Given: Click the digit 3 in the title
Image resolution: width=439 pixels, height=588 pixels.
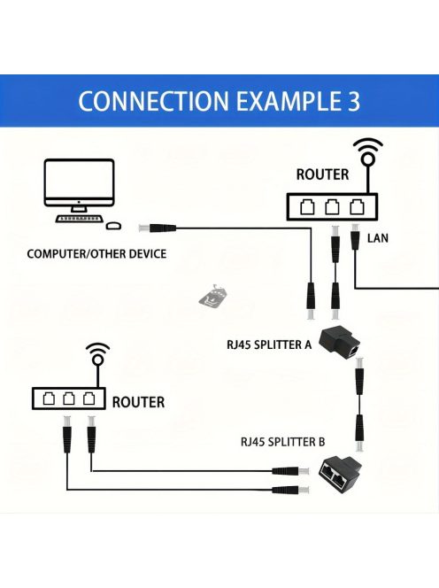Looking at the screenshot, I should [x=350, y=100].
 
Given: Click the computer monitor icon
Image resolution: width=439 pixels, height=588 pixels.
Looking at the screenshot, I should [x=80, y=186].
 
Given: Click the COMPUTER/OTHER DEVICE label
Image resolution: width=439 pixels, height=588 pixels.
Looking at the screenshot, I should [x=96, y=254].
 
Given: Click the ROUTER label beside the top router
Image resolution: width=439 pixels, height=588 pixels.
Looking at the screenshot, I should [x=322, y=174].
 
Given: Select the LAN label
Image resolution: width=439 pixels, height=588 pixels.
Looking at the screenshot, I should [x=378, y=238].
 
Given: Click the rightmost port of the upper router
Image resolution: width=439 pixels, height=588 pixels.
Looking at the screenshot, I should [x=357, y=207].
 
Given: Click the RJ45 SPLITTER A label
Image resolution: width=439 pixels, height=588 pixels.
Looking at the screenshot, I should [x=269, y=345].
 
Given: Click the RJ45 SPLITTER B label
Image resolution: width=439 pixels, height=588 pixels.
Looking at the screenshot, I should [x=282, y=440].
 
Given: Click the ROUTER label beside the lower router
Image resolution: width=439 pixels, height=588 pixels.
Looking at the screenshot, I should [x=138, y=402].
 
